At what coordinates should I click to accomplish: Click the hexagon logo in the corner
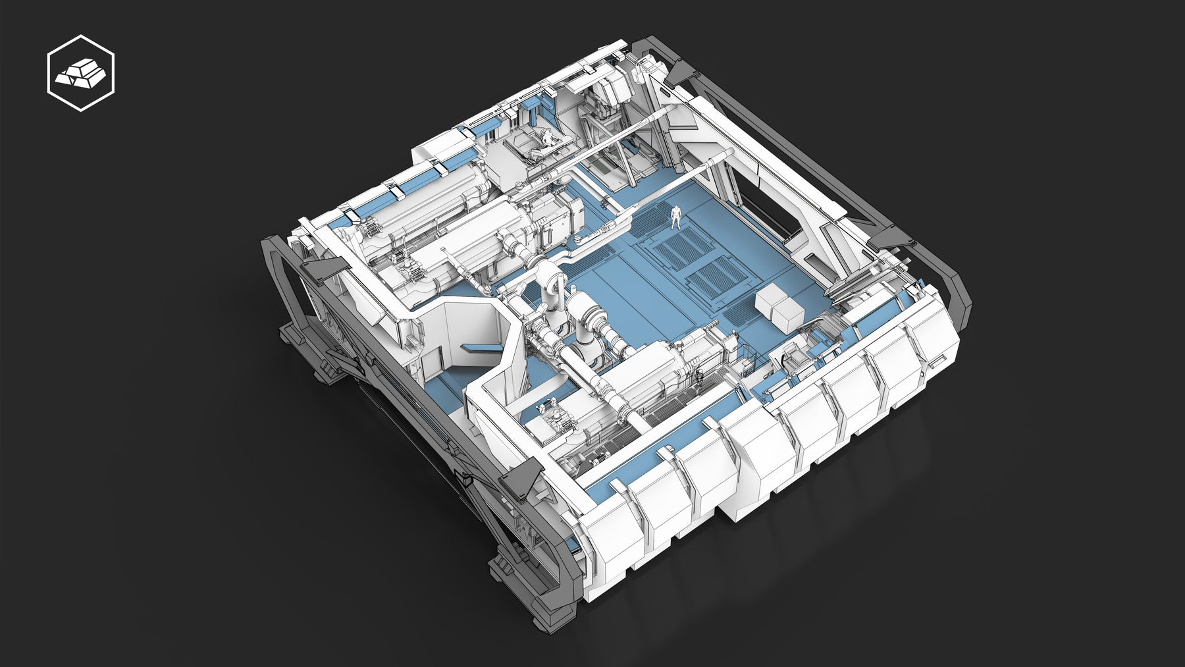81,73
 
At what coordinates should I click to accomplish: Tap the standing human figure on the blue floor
676,217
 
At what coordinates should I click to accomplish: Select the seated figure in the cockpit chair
546,138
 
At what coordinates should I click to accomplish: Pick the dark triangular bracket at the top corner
682,71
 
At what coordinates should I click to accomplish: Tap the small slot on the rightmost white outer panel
935,361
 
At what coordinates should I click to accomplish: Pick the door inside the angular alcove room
433,365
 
